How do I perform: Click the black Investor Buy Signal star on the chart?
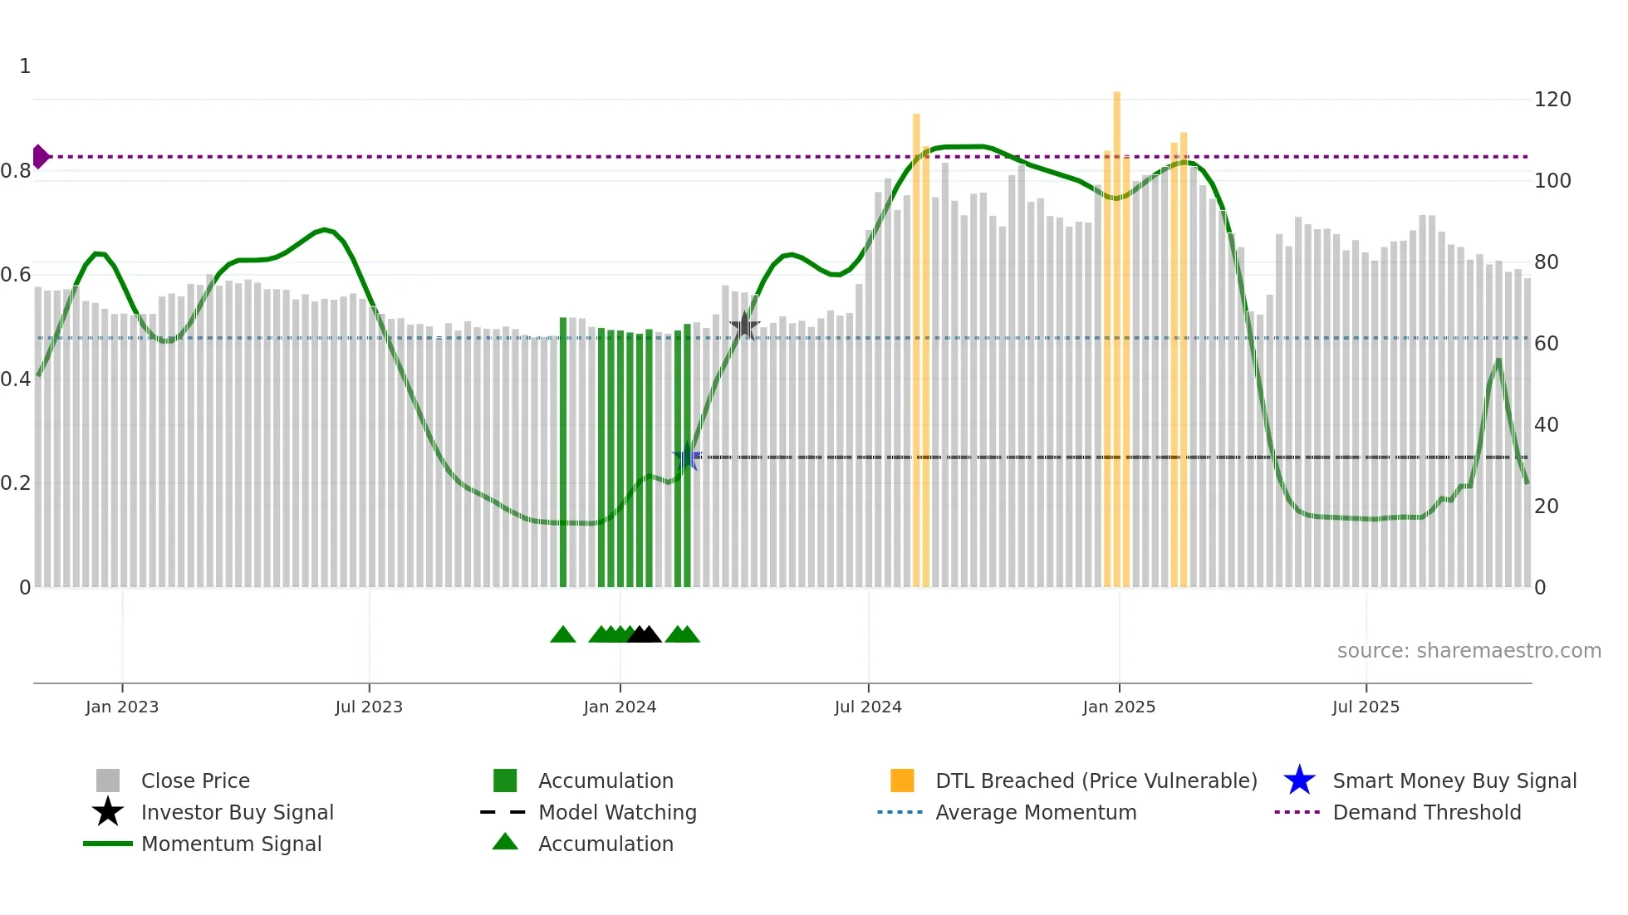744,326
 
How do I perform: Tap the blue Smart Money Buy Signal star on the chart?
686,457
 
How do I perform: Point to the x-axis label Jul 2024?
868,707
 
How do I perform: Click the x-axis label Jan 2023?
122,707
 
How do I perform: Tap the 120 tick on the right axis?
1552,100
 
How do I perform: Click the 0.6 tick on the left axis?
17,275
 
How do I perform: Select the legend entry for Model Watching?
616,812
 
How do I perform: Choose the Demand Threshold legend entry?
1426,812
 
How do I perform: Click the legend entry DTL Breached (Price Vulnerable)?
1096,780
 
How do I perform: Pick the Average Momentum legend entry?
1035,812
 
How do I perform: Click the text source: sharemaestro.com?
1469,651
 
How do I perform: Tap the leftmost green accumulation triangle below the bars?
563,635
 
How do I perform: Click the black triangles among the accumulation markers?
644,635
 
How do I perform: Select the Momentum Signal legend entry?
231,844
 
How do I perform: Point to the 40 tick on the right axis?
1546,425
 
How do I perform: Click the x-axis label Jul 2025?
1366,707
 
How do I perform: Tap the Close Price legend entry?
194,780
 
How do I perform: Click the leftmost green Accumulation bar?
563,453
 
